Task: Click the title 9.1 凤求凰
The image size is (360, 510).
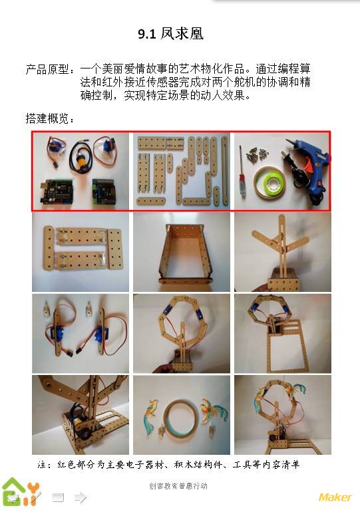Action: [170, 34]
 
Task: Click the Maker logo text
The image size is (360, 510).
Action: [335, 497]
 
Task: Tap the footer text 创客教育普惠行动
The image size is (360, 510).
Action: [178, 486]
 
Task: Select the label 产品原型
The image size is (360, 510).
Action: [47, 69]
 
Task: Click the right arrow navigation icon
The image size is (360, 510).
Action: [81, 497]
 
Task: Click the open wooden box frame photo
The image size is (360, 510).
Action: [182, 252]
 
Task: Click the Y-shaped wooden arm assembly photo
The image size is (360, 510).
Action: [283, 252]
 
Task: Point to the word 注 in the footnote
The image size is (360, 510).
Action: [42, 465]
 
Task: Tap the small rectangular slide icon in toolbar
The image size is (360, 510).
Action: [58, 497]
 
